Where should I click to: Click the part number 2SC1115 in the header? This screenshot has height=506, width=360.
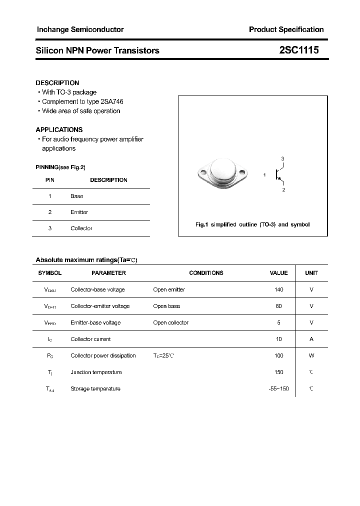click(x=298, y=50)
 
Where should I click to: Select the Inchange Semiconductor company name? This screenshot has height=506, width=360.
click(x=80, y=29)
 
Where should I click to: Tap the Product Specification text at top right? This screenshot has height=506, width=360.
click(x=286, y=29)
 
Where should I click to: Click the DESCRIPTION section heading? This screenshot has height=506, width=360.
click(x=57, y=83)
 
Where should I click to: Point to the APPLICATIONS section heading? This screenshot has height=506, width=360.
click(x=59, y=129)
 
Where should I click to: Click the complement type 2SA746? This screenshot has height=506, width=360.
click(x=111, y=101)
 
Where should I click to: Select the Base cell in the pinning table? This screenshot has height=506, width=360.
click(x=77, y=196)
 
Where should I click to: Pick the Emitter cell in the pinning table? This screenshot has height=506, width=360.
click(x=79, y=212)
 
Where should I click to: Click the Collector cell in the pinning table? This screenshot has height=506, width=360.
click(x=81, y=228)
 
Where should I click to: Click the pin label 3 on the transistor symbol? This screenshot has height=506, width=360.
click(x=282, y=159)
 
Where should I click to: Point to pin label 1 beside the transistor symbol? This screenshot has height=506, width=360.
click(x=264, y=175)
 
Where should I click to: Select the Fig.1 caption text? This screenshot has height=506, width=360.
click(x=252, y=224)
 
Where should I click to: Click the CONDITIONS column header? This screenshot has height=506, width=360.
click(x=206, y=273)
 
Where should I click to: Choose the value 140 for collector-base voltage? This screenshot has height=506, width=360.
click(x=278, y=289)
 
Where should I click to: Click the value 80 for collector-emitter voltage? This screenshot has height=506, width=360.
click(x=278, y=306)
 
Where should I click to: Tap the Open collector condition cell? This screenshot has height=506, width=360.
click(x=170, y=322)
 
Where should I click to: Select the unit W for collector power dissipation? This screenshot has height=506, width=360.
click(x=311, y=355)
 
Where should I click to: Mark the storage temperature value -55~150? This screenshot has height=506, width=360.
click(x=278, y=388)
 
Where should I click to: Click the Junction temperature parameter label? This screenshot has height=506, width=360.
click(x=96, y=372)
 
